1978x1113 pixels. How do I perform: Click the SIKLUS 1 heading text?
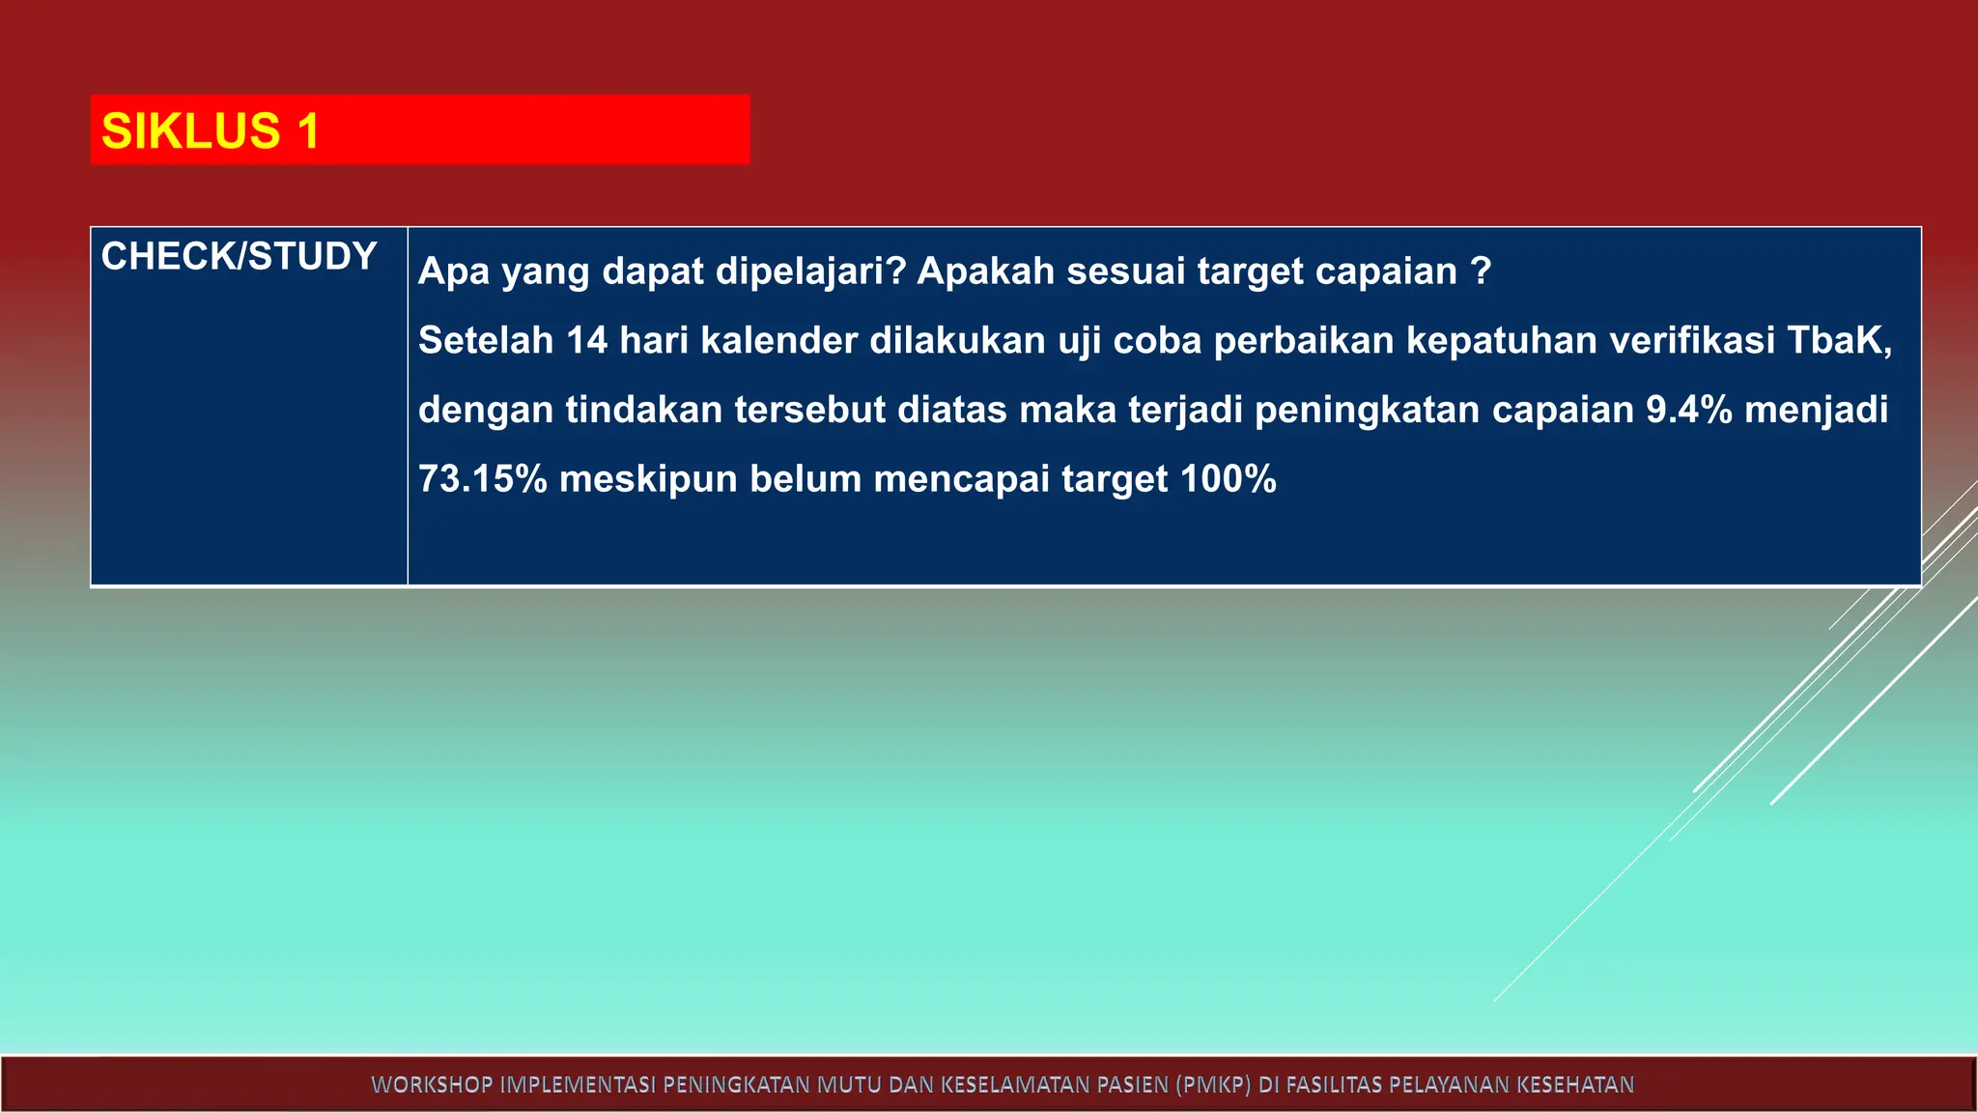[210, 130]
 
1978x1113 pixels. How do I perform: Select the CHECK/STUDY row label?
[239, 256]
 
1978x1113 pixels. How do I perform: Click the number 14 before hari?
[586, 341]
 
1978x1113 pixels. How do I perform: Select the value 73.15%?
[483, 479]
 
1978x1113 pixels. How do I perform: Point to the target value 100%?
[1229, 479]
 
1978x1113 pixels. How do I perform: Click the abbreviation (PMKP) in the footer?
[1213, 1085]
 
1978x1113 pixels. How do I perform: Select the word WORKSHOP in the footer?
[432, 1085]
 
